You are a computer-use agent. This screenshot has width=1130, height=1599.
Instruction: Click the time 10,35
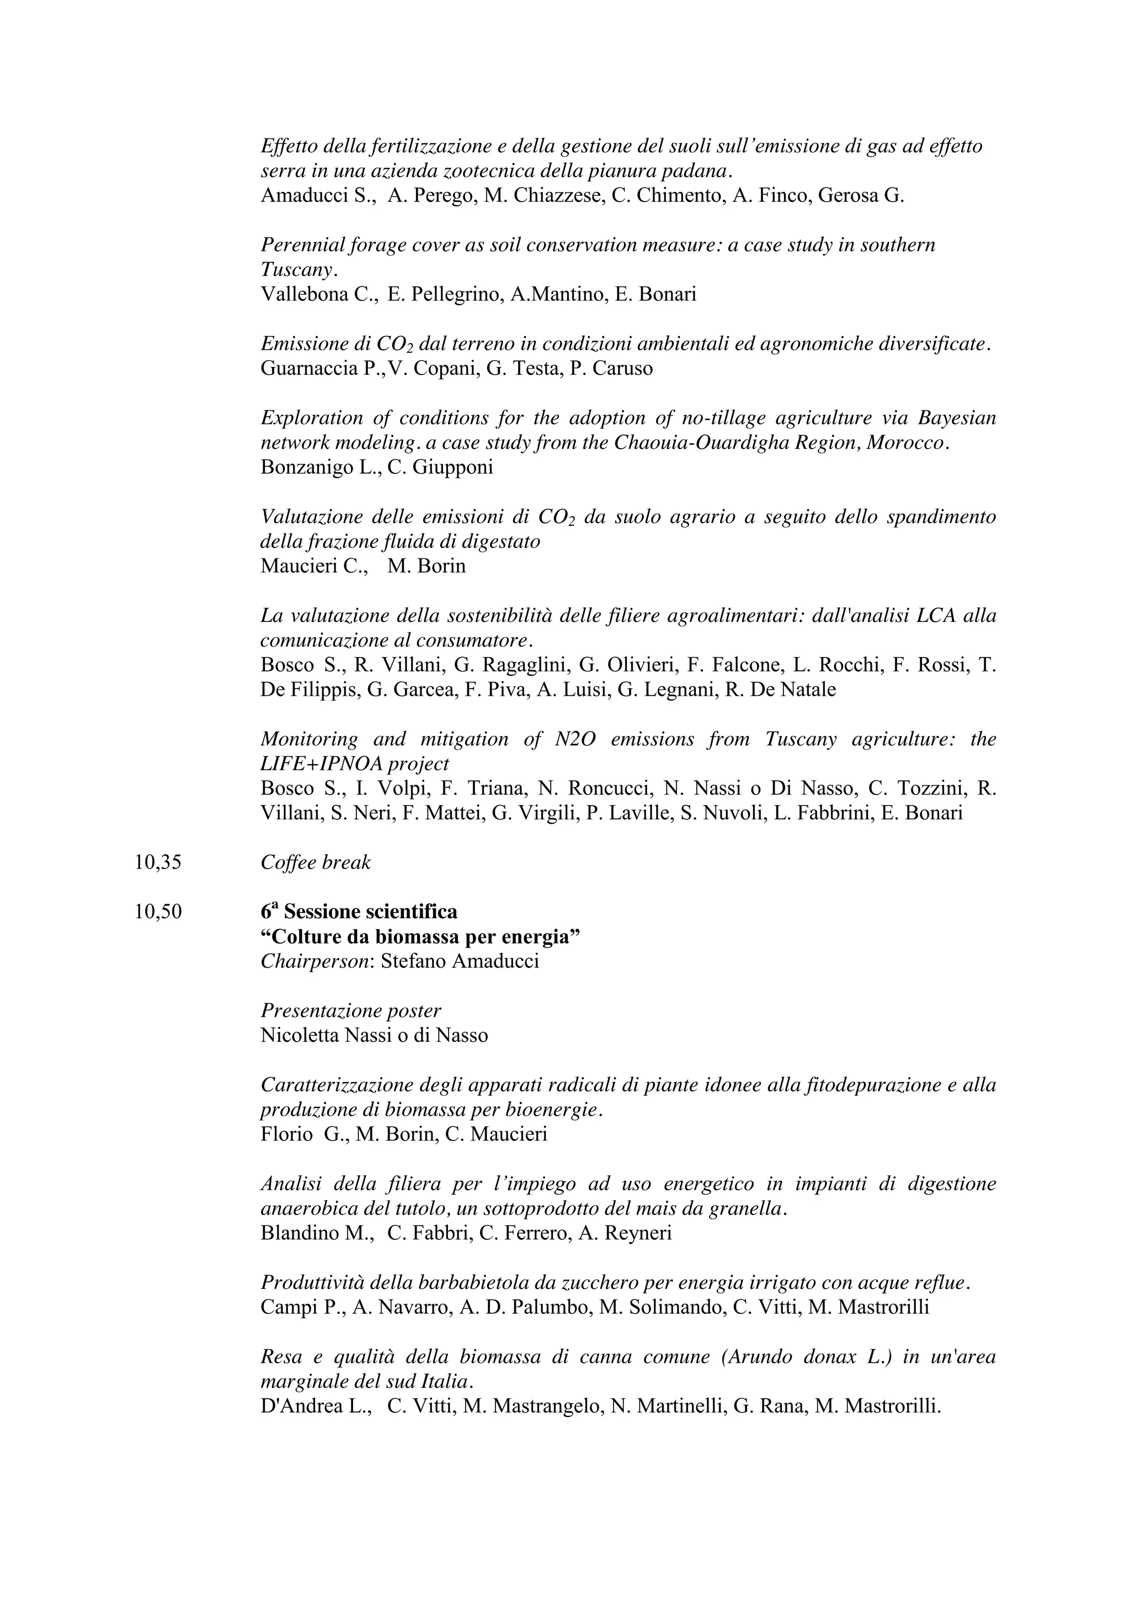(x=158, y=862)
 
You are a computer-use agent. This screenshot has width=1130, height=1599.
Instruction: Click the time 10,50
(x=158, y=912)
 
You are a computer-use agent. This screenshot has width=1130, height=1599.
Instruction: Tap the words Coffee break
(x=316, y=862)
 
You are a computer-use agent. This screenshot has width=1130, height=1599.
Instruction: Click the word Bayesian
(x=957, y=418)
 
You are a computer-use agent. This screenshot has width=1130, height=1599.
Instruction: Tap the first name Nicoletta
(x=300, y=1036)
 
